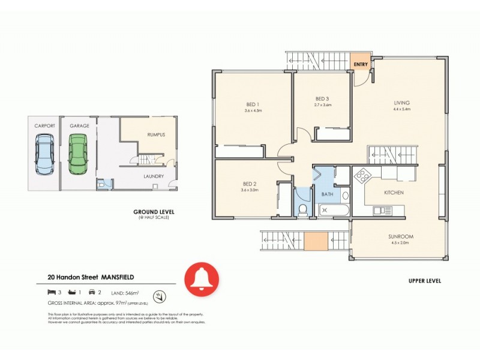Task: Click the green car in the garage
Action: click(x=77, y=153)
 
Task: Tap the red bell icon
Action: click(x=202, y=279)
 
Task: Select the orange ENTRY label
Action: click(x=361, y=64)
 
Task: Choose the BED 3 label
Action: click(x=323, y=99)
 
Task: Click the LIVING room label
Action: click(x=401, y=103)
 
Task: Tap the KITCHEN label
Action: click(x=394, y=193)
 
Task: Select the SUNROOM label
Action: click(x=400, y=236)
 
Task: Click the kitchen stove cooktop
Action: click(x=362, y=177)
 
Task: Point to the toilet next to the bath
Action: click(x=303, y=209)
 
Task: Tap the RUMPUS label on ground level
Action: click(x=156, y=134)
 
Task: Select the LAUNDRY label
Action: click(x=154, y=176)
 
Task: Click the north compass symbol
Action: click(x=159, y=295)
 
